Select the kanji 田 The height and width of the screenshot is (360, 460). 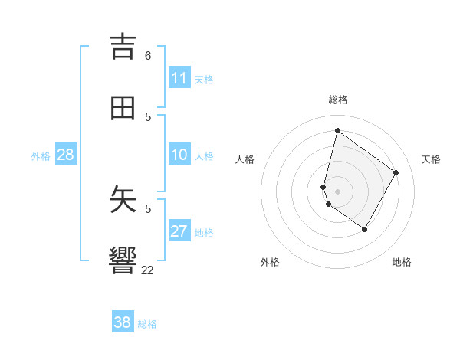(123, 108)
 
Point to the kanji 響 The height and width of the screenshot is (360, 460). (123, 261)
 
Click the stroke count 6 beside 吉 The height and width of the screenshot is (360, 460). (148, 56)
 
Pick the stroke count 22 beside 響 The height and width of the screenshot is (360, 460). (148, 270)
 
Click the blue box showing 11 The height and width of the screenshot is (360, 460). (179, 78)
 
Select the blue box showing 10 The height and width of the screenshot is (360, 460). (179, 155)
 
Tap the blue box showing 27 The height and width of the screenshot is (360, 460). (179, 232)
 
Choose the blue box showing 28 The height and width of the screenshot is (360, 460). (65, 155)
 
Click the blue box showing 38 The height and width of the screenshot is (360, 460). (123, 322)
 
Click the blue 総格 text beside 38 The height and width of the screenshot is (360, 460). (147, 324)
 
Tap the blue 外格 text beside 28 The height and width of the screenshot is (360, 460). (41, 156)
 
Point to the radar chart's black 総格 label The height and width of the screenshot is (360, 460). (337, 100)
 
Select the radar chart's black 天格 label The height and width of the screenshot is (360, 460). (431, 159)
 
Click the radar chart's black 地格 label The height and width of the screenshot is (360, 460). (402, 262)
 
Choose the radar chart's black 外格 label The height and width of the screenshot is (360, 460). (270, 262)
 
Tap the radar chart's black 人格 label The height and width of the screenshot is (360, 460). (245, 159)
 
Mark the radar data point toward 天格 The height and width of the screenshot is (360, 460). (396, 172)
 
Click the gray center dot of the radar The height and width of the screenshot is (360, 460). (337, 191)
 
